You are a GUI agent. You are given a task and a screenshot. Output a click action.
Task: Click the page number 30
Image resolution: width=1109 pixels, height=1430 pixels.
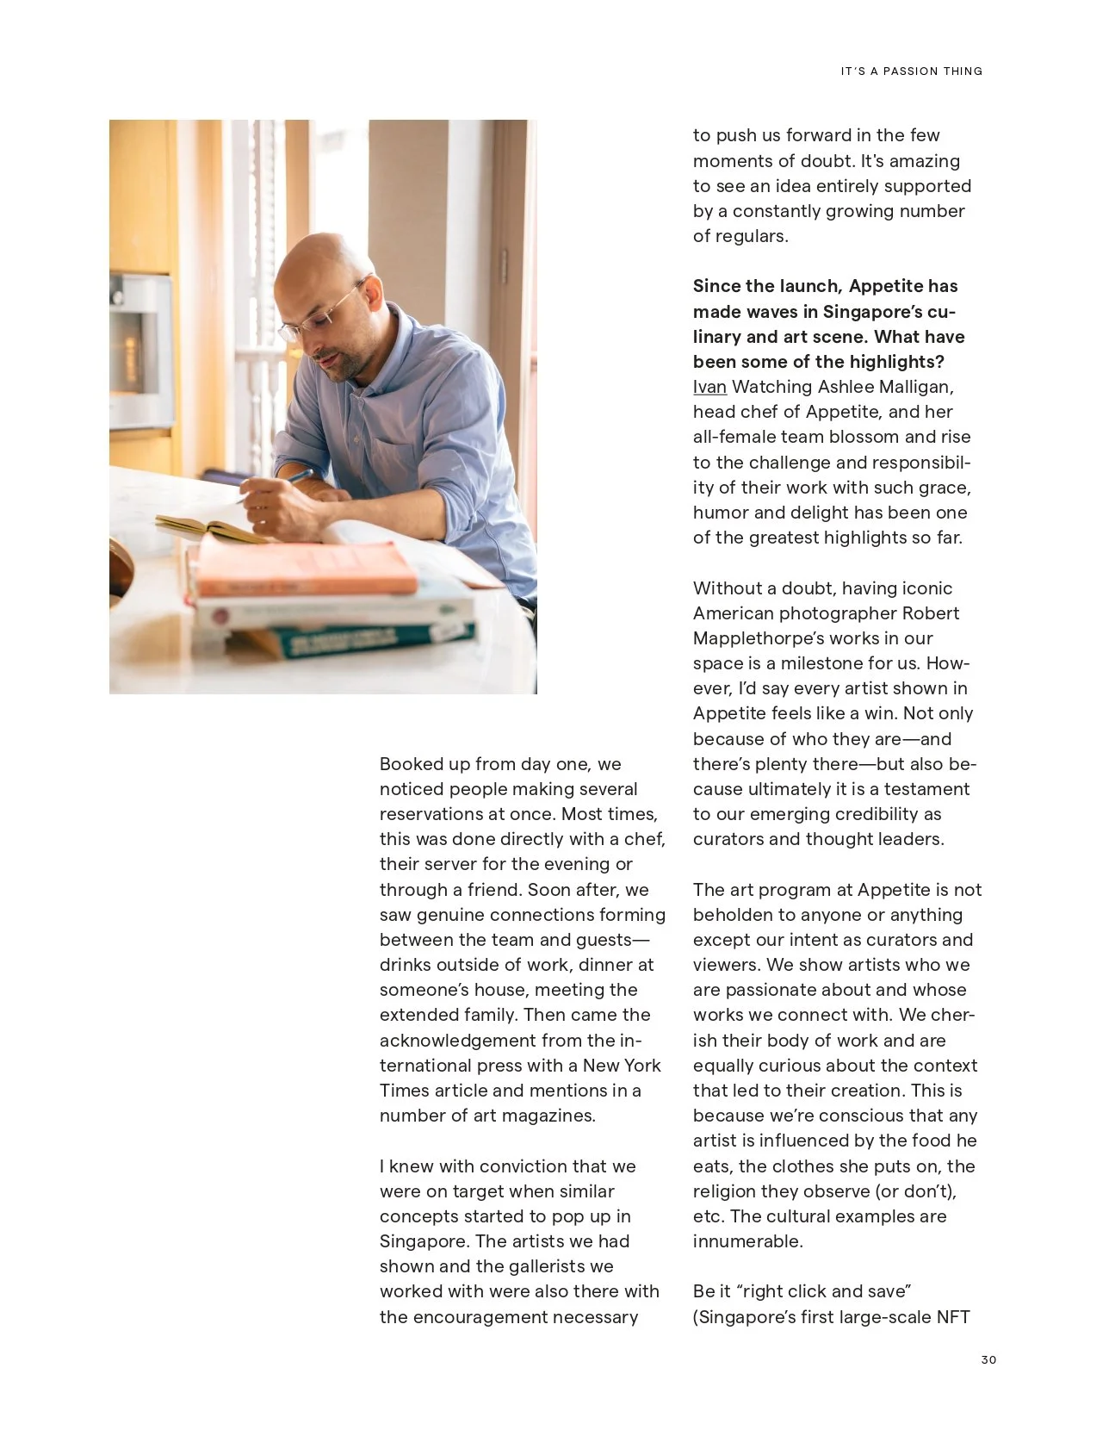coord(988,1359)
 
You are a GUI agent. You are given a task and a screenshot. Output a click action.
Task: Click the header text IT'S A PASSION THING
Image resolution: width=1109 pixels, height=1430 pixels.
coord(911,71)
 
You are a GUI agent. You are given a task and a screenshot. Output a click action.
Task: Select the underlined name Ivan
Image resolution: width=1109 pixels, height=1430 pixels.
coord(709,387)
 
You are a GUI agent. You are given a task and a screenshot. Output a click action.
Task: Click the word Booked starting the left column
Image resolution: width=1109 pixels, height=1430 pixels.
coord(410,764)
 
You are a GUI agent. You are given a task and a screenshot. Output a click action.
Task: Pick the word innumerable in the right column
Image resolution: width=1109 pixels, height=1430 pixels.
coord(747,1241)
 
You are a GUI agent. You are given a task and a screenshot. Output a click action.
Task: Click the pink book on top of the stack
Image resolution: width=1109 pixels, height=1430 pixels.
coord(301,569)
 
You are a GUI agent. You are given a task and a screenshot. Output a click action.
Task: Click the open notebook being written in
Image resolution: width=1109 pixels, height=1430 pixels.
coord(207,527)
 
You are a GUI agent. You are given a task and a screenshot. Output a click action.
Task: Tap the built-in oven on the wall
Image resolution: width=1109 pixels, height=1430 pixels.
coord(138,349)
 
